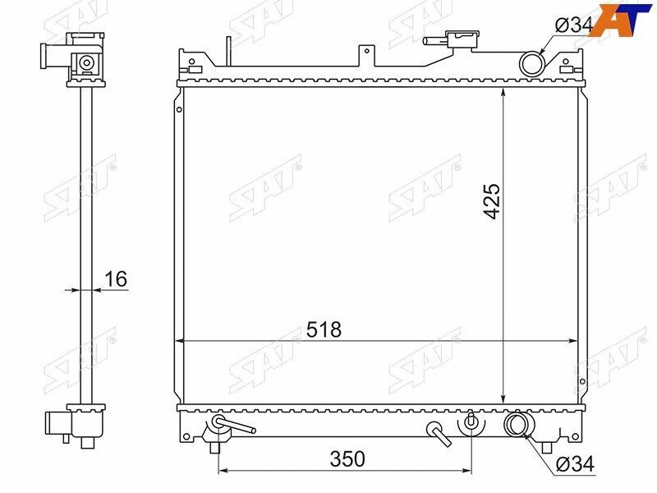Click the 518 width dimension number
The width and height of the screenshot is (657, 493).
click(324, 329)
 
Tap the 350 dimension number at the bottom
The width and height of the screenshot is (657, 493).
click(347, 459)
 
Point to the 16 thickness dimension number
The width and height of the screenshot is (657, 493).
click(116, 279)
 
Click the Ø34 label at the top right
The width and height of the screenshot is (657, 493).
click(574, 25)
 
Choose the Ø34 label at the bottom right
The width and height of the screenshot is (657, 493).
click(576, 464)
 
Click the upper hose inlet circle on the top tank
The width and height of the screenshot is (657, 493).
click(532, 64)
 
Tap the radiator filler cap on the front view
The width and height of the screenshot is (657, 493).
click(462, 40)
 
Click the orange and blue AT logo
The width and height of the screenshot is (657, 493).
click(621, 19)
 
